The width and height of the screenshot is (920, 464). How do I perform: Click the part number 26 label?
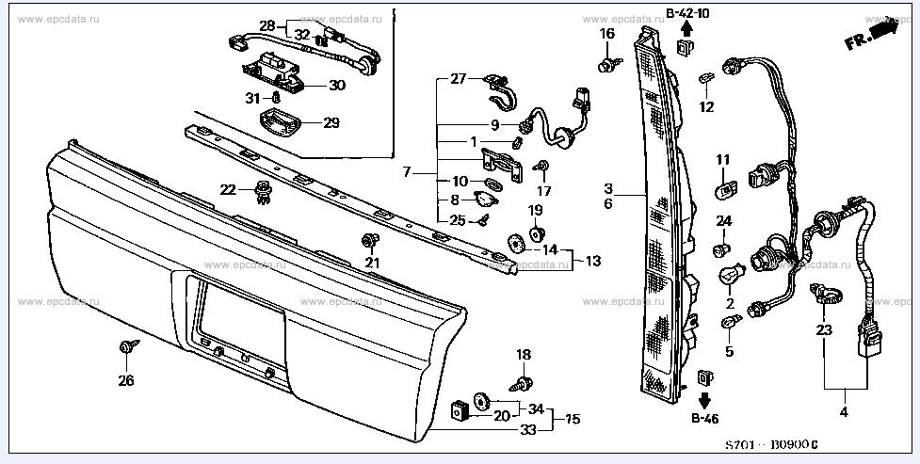[x=125, y=381]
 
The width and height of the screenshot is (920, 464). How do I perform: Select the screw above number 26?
[x=126, y=349]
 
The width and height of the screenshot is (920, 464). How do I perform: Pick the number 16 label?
[x=607, y=34]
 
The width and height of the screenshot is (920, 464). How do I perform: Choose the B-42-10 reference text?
[x=687, y=12]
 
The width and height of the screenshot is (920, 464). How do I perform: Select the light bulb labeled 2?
[x=730, y=278]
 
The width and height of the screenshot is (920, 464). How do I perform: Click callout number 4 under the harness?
[x=844, y=412]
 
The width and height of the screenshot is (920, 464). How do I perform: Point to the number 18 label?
[x=525, y=354]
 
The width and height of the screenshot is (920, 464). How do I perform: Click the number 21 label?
[x=372, y=262]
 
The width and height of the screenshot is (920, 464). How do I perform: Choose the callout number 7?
[x=407, y=173]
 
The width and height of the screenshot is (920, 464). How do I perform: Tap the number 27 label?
[x=458, y=79]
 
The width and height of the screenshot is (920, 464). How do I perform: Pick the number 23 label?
[x=824, y=329]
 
